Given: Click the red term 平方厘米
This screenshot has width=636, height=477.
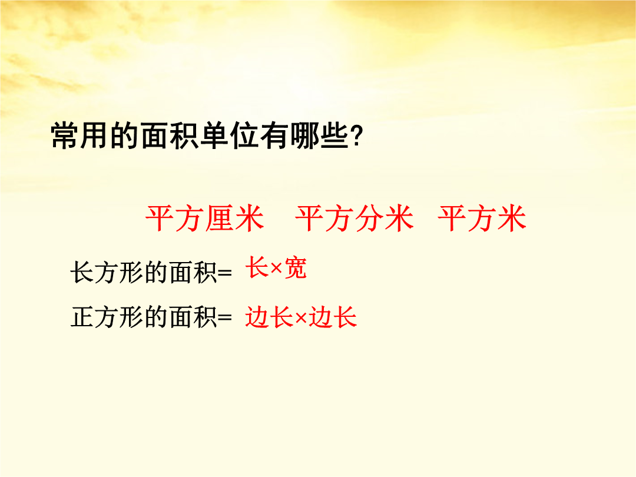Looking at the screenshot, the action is pos(205,218).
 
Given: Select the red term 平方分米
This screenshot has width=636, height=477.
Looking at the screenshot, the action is pos(355,218).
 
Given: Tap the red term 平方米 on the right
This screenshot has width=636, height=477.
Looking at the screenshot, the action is pos(482,218).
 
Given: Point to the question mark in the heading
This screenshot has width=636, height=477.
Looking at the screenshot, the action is pos(356,136).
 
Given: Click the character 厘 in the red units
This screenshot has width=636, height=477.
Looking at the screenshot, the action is pos(220,218).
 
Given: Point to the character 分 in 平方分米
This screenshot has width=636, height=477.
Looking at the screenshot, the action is pos(369,218).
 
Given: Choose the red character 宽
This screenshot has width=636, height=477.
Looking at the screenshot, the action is pos(295,268).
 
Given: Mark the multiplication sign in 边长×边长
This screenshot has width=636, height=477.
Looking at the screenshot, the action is pos(300,318).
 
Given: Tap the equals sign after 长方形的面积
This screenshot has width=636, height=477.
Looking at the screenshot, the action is pos(225,273).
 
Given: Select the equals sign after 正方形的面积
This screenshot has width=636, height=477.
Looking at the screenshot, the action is pos(225,317).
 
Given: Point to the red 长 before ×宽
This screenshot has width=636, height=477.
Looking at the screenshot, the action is pos(257,268).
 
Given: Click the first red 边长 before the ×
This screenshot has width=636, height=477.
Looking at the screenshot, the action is pos(269,317).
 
